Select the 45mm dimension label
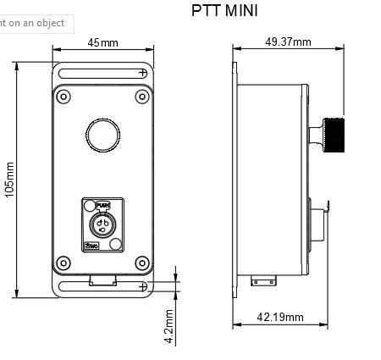(103, 43)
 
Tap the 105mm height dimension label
(9, 180)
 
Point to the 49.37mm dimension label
(288, 42)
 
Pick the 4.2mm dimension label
(169, 326)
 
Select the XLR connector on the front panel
(102, 224)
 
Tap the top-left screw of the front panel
(63, 97)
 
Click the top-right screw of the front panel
(141, 97)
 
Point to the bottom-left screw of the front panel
(63, 262)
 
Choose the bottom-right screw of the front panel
(141, 262)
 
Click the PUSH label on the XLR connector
(102, 206)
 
